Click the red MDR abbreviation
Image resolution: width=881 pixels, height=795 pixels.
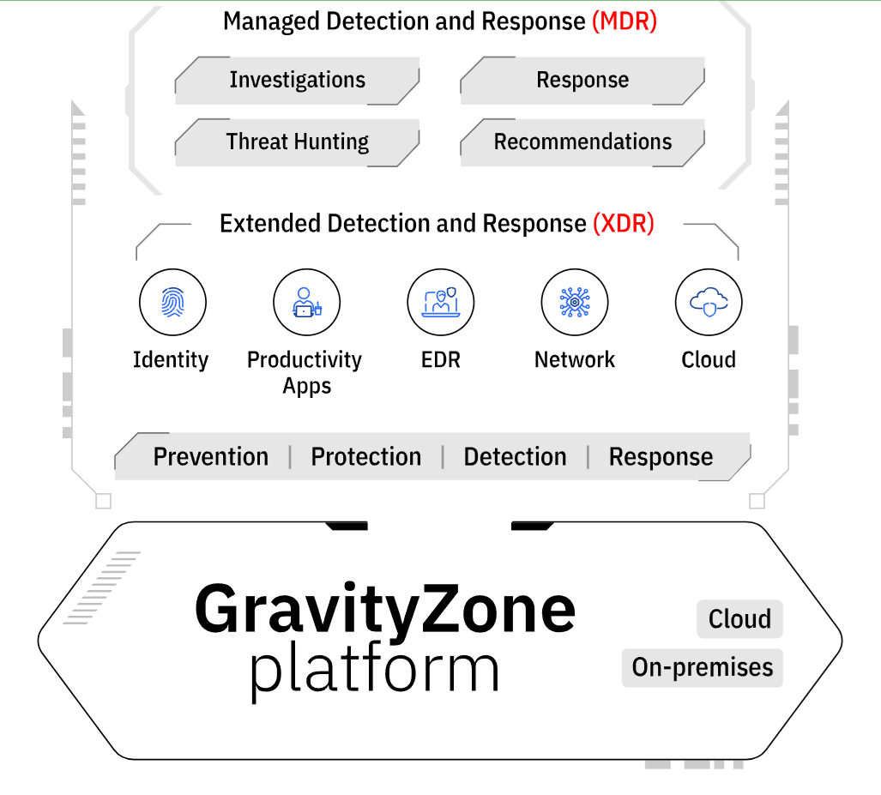point(625,21)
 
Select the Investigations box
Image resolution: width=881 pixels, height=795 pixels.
point(297,81)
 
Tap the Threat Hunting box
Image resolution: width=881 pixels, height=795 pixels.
point(297,142)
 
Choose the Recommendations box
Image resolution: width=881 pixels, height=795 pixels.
point(582,142)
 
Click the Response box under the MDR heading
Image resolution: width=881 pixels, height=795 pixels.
point(582,81)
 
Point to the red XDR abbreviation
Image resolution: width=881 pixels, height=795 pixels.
point(624,224)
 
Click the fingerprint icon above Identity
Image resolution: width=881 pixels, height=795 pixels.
point(172,302)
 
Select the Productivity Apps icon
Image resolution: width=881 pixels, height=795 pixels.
point(306,302)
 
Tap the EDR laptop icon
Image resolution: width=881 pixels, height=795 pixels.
point(441,302)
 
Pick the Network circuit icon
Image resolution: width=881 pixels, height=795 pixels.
point(575,302)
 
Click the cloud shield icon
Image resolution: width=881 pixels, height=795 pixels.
point(709,302)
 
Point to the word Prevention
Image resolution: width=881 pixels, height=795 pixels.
point(211,457)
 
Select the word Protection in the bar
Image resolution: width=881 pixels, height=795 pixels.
point(366,457)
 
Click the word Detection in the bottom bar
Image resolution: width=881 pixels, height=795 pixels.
point(515,457)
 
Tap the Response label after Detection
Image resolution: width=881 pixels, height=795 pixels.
point(661,457)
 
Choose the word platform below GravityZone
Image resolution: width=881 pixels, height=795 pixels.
point(374,670)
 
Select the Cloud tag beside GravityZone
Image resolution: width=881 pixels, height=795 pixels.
point(739,619)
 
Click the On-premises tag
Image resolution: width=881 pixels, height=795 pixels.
point(703,667)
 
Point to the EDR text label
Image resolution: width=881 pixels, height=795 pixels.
point(441,360)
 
